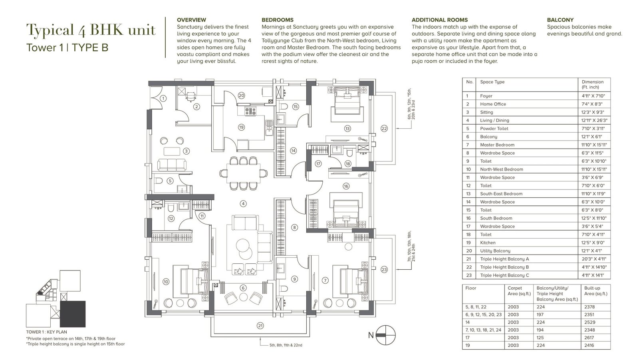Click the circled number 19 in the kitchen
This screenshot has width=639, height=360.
241,127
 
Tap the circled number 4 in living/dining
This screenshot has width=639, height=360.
243,203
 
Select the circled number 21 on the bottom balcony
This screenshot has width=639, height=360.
260,326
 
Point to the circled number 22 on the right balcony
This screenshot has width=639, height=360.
384,129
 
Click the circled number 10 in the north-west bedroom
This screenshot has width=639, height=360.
166,282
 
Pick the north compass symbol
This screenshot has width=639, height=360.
385,335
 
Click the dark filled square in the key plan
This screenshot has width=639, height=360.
73,314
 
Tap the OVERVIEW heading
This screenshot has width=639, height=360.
191,20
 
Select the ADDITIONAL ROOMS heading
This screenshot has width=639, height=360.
440,20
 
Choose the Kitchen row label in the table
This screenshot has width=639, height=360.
488,243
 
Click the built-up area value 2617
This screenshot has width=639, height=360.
589,338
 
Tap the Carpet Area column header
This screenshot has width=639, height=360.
519,290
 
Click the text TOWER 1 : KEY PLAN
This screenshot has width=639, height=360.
46,332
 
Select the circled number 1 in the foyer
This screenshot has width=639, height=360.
163,99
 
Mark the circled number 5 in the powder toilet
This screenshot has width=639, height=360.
170,181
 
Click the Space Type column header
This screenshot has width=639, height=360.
492,82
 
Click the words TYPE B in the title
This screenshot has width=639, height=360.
90,48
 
